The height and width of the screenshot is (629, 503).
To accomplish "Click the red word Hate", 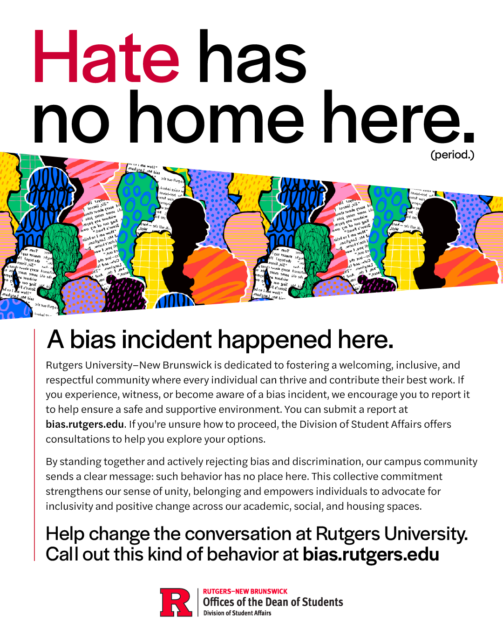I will [x=106, y=57].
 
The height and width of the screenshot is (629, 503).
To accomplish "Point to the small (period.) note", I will [x=452, y=155].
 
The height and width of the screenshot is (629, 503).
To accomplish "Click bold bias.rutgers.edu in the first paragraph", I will [x=85, y=424].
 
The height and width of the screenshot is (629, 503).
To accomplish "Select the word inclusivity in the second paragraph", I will [x=69, y=506].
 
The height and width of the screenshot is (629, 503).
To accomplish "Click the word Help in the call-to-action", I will [x=65, y=534].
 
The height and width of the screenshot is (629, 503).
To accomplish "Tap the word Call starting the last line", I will [x=62, y=554].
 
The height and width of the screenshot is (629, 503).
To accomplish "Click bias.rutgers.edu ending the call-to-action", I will [x=371, y=554].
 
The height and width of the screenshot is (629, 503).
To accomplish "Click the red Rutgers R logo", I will [x=176, y=602].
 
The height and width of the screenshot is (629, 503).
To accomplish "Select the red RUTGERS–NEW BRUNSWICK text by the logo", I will [x=245, y=591].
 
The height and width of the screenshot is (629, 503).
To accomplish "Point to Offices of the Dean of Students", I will [x=273, y=602].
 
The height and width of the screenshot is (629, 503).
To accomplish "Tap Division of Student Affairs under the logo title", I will [x=237, y=613].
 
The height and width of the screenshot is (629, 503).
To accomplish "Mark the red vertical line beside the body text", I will [x=34, y=445].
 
